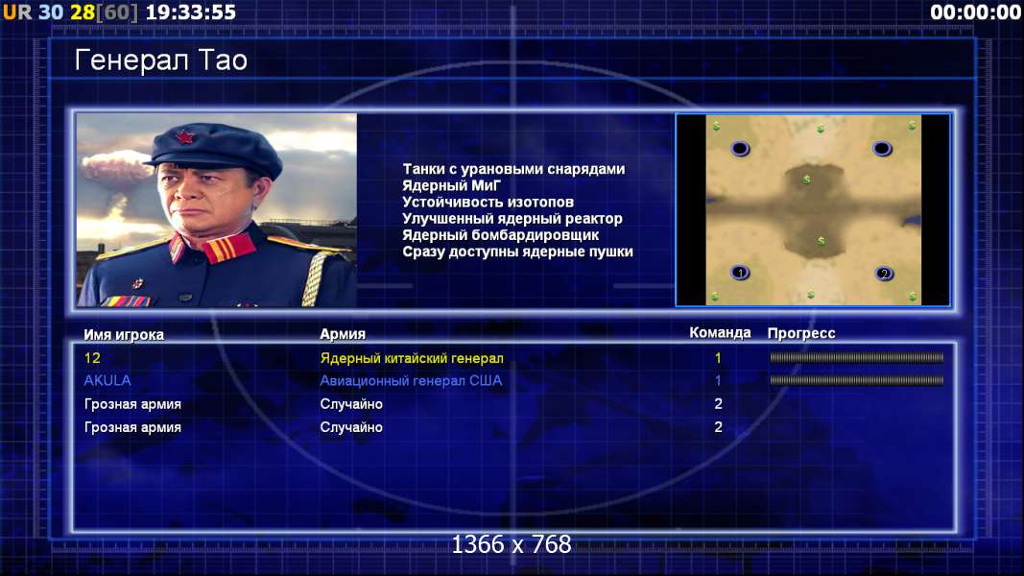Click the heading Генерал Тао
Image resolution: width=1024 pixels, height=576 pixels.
click(160, 60)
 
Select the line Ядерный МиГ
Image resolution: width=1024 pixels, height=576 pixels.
click(451, 185)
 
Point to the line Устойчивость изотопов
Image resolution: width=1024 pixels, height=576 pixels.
click(488, 202)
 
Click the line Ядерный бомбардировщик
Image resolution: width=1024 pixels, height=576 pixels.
click(500, 234)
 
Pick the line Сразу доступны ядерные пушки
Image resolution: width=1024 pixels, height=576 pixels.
click(517, 252)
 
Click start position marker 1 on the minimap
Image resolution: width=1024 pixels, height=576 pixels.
click(740, 273)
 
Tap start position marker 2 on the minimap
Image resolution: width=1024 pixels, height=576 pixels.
click(884, 274)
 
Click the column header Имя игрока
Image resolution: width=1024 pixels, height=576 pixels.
click(124, 334)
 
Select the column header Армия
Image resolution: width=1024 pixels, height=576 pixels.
click(343, 334)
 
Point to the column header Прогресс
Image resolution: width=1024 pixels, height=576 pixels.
click(801, 333)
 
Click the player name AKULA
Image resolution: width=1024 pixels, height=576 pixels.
click(107, 380)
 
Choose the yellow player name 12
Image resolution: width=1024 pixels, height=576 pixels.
click(92, 358)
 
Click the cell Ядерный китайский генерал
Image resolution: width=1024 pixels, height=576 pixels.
click(412, 358)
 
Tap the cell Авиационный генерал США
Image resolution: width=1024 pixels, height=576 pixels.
click(411, 380)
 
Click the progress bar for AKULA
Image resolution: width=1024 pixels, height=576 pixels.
click(856, 380)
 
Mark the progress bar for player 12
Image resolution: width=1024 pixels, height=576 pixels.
click(856, 357)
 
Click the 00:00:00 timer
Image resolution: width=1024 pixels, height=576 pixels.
click(976, 12)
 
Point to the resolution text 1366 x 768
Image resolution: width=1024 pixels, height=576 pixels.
click(512, 544)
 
